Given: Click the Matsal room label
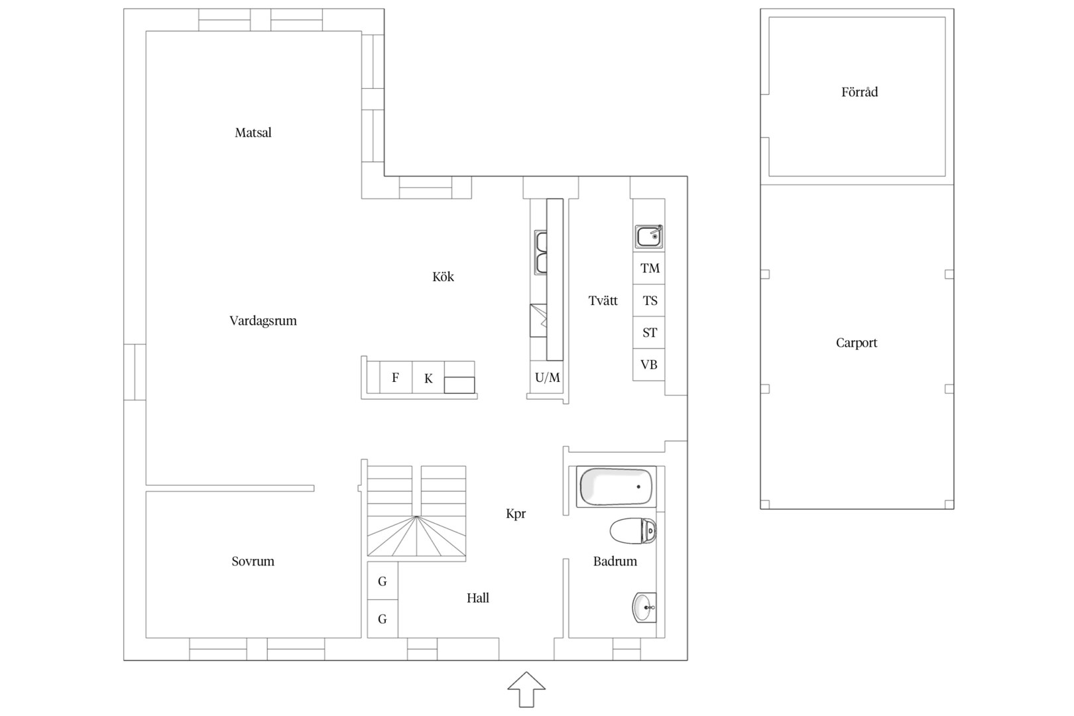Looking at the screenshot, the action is click(253, 133).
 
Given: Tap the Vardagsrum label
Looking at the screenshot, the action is click(263, 321).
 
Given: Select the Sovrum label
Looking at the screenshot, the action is click(253, 561).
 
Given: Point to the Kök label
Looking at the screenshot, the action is click(443, 276).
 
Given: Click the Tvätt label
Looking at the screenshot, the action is click(603, 301).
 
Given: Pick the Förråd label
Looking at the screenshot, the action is click(859, 91).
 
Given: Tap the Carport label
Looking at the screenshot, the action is click(857, 343).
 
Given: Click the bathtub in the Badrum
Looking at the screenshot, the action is click(616, 487).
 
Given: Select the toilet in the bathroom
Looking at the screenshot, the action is click(633, 531).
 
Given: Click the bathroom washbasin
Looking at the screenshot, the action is click(644, 608).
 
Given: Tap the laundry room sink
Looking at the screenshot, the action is click(649, 237).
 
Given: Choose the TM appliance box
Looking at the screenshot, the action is click(649, 268).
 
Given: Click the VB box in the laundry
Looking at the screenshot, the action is click(649, 365).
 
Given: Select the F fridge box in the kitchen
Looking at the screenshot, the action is click(396, 377).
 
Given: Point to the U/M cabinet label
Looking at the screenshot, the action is click(547, 378).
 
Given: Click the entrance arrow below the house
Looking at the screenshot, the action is click(526, 689).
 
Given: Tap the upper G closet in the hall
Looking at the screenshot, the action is click(383, 581).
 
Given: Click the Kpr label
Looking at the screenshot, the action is click(516, 514).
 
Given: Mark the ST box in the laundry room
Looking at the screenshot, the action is click(649, 332).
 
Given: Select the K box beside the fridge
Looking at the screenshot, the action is click(428, 377).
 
